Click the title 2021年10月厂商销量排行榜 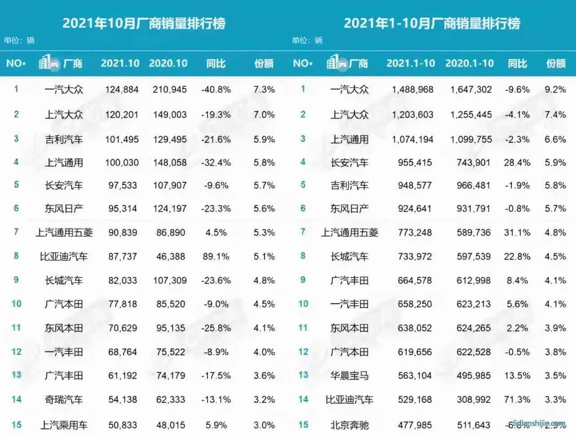[144, 23]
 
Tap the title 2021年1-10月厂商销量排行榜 [432, 23]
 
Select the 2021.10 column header [120, 63]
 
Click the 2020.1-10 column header [470, 63]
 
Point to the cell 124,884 [122, 89]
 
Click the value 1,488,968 [412, 89]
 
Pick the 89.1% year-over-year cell [216, 257]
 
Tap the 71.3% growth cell [517, 399]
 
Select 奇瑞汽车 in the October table [64, 399]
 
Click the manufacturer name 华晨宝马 [350, 376]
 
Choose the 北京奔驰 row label [350, 425]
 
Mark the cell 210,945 [170, 89]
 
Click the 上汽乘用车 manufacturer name [64, 425]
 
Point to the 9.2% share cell [555, 89]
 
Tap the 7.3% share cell [264, 89]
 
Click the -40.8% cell [216, 89]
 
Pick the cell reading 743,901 [474, 162]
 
